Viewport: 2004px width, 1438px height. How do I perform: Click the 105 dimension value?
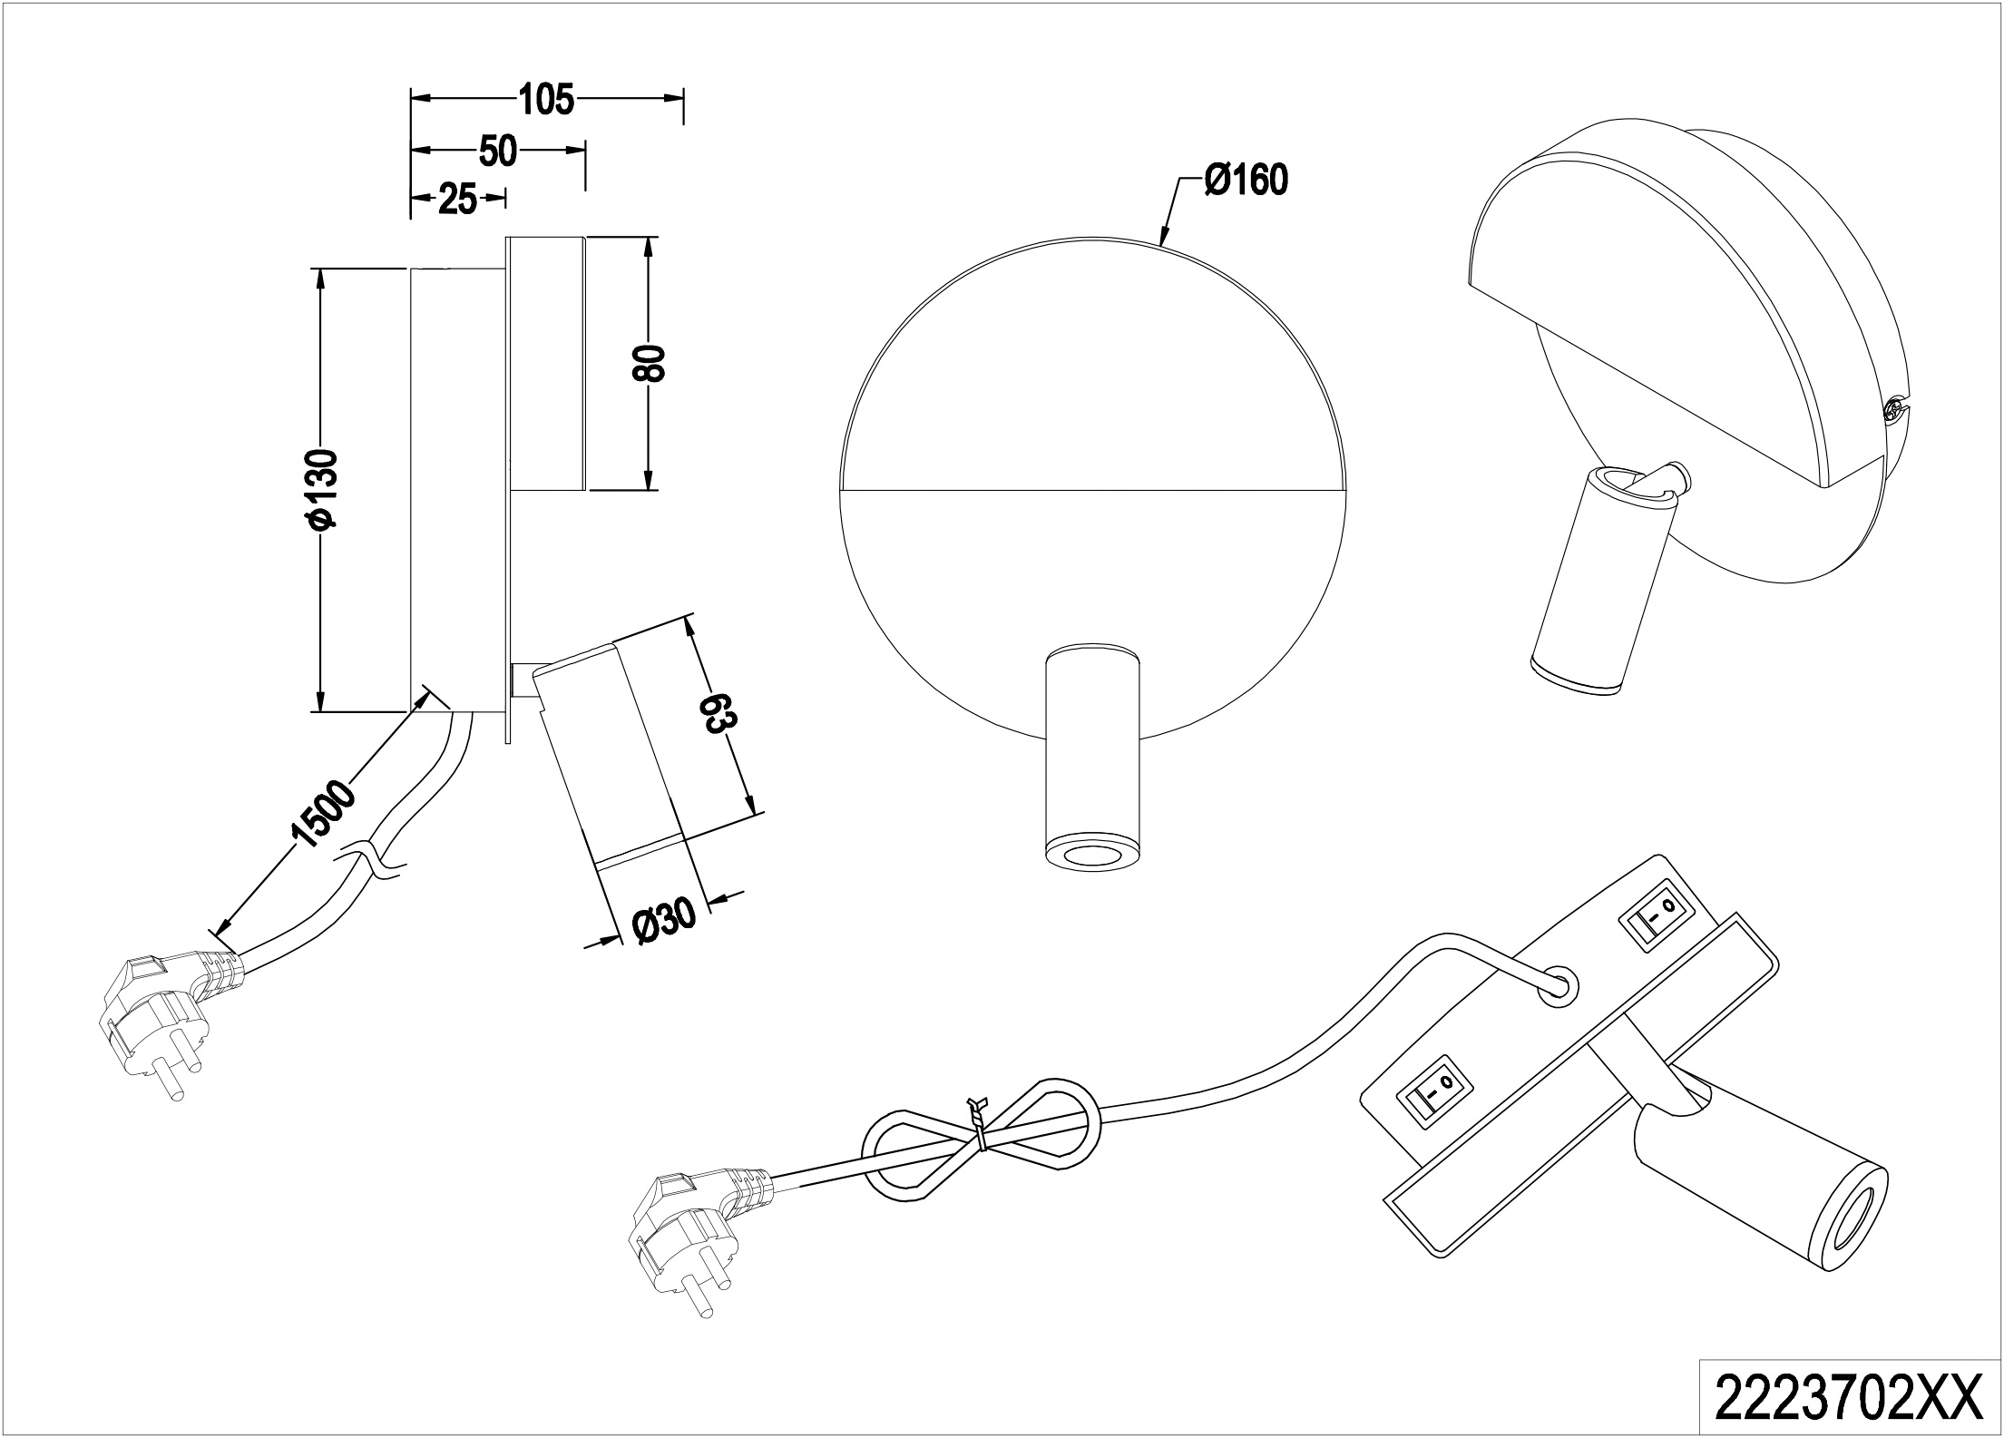coord(546,99)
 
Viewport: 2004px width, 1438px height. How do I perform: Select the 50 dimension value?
coord(497,152)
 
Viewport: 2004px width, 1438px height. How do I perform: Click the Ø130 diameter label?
coord(324,487)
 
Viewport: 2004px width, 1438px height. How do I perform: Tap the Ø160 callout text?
coord(1246,181)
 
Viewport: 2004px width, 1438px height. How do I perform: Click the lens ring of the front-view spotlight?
coord(1091,856)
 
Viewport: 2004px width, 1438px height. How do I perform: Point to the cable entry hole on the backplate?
coord(1559,986)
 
